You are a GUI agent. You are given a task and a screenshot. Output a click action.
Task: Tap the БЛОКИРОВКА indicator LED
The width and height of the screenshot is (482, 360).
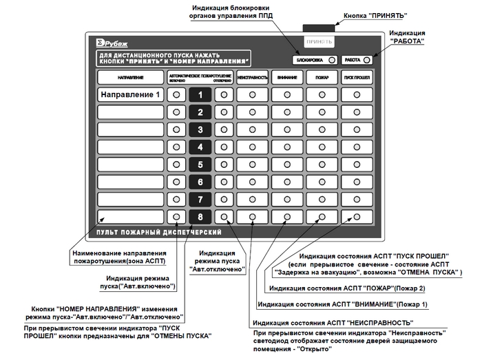[x=332, y=60]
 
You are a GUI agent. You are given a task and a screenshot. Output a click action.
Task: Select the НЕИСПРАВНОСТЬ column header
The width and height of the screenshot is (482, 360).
[x=253, y=76]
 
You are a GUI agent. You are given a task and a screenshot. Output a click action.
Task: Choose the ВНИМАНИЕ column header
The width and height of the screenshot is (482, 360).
[x=286, y=76]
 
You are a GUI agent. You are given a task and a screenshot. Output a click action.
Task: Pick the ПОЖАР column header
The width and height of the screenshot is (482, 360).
[x=322, y=76]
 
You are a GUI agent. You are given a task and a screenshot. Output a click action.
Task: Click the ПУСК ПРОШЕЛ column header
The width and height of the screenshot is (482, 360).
[x=357, y=76]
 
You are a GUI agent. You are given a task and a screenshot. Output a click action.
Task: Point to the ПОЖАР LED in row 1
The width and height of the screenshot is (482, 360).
[x=322, y=94]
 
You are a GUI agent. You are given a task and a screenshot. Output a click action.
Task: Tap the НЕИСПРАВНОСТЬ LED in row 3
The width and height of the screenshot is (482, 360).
[x=253, y=129]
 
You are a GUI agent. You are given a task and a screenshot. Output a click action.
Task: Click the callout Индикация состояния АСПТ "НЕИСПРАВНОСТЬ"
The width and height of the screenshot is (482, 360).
[x=333, y=322]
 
